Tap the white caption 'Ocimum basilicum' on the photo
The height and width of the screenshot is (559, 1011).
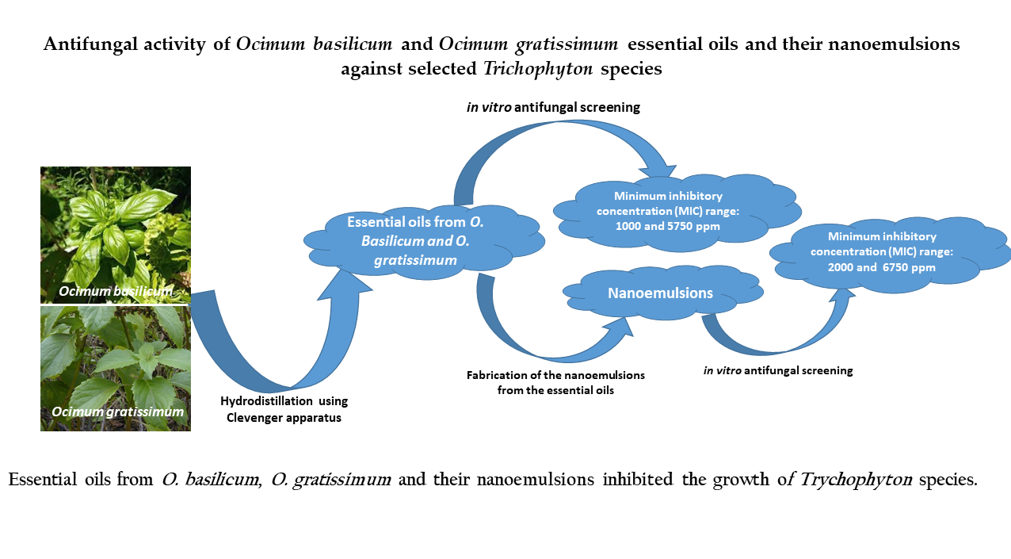pos(116,293)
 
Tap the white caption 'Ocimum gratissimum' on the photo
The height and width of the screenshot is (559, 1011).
pos(117,412)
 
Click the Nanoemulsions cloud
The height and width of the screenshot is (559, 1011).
pos(660,293)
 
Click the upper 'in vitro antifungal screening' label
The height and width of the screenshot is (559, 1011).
pos(553,107)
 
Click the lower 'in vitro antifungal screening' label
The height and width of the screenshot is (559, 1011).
pos(778,370)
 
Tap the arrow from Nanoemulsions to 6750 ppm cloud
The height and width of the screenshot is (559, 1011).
pos(784,333)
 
